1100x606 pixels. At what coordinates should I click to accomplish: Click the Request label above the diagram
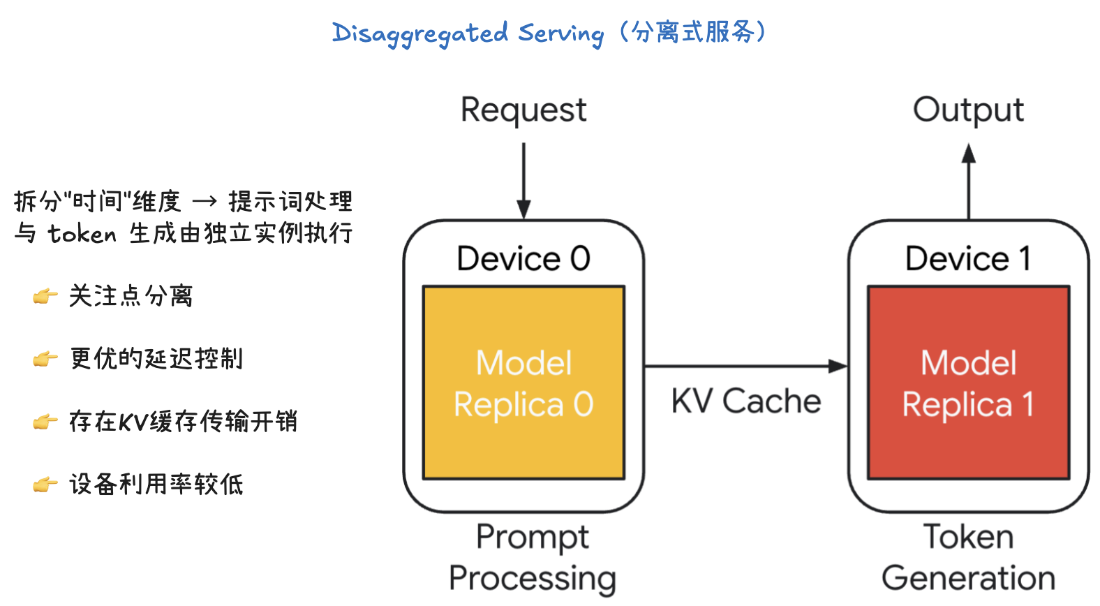(523, 110)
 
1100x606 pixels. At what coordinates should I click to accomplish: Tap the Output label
(968, 110)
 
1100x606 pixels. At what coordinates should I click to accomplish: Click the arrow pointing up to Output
(969, 182)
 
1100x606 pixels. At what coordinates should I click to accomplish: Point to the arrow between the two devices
(745, 366)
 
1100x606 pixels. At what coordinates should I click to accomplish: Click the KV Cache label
(745, 401)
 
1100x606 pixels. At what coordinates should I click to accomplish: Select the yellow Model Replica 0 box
(523, 383)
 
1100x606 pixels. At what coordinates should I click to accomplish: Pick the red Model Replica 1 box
(968, 383)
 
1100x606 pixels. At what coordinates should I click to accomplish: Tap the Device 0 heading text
(523, 259)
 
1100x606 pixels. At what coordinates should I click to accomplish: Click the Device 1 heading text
(968, 259)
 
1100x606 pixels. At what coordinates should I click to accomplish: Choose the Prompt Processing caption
(532, 557)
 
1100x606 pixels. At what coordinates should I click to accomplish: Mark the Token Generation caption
(968, 557)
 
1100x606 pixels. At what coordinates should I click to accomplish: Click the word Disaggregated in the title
(420, 34)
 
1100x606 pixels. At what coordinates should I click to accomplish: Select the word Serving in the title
(560, 34)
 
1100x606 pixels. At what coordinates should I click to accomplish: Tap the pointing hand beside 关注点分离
(45, 297)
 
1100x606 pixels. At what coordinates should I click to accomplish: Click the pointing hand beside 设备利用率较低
(45, 485)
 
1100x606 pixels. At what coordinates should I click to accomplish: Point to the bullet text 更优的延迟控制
(156, 359)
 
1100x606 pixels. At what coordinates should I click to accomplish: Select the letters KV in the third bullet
(131, 422)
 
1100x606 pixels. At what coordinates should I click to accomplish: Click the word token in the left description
(82, 234)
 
